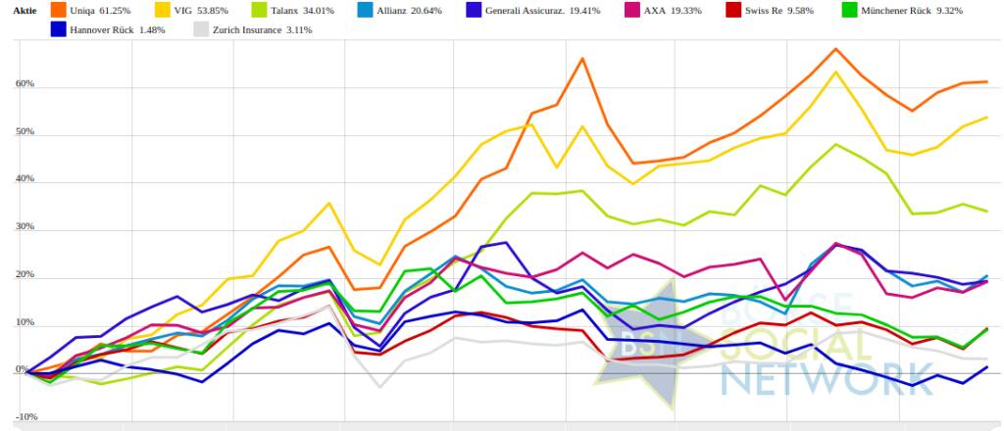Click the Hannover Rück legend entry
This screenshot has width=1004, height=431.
(x=114, y=29)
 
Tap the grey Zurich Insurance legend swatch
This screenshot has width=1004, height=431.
(x=199, y=29)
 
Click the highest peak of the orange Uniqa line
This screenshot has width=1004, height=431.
(x=835, y=49)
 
